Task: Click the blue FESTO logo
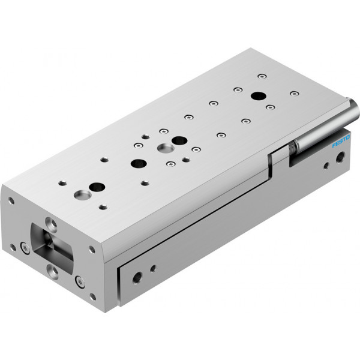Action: click(x=341, y=141)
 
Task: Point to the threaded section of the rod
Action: click(x=292, y=147)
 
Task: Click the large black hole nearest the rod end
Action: click(x=259, y=96)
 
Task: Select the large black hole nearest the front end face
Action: click(x=97, y=187)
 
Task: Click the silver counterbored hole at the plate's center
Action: click(x=166, y=148)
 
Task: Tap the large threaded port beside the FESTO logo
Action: click(x=341, y=157)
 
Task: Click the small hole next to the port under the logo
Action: click(x=326, y=166)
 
